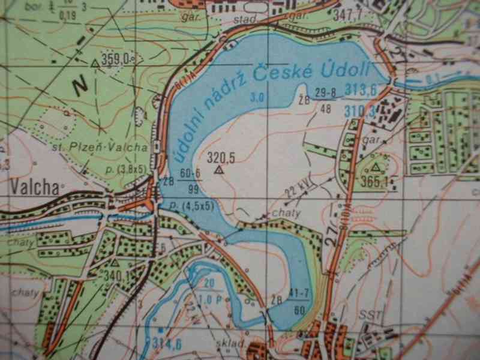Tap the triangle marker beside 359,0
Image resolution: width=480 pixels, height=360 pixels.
pos(95,62)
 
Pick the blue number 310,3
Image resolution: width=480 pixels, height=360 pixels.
pos(361,110)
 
